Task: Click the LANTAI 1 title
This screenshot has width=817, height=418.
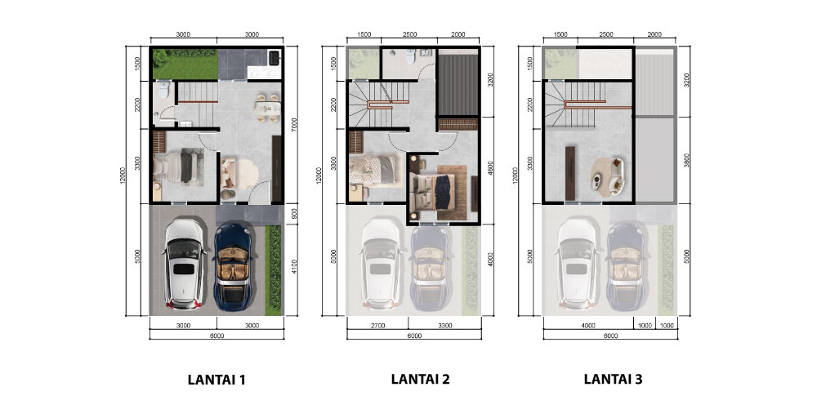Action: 217,380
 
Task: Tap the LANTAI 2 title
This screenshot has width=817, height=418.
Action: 420,379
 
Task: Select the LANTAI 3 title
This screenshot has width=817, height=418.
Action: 613,379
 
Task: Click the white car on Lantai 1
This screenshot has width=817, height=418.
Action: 183,265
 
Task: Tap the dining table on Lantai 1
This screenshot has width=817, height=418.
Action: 267,107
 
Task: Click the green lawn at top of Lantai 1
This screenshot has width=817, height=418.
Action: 185,64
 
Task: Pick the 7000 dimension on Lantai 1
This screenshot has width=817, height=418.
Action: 294,124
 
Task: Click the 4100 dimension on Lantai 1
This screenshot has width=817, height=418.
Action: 294,266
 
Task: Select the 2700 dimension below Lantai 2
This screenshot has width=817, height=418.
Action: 377,326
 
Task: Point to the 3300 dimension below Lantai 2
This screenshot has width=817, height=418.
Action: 444,326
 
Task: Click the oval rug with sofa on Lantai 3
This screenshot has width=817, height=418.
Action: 608,177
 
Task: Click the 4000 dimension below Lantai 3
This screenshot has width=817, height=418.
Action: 587,326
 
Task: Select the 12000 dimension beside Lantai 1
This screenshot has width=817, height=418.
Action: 123,176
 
